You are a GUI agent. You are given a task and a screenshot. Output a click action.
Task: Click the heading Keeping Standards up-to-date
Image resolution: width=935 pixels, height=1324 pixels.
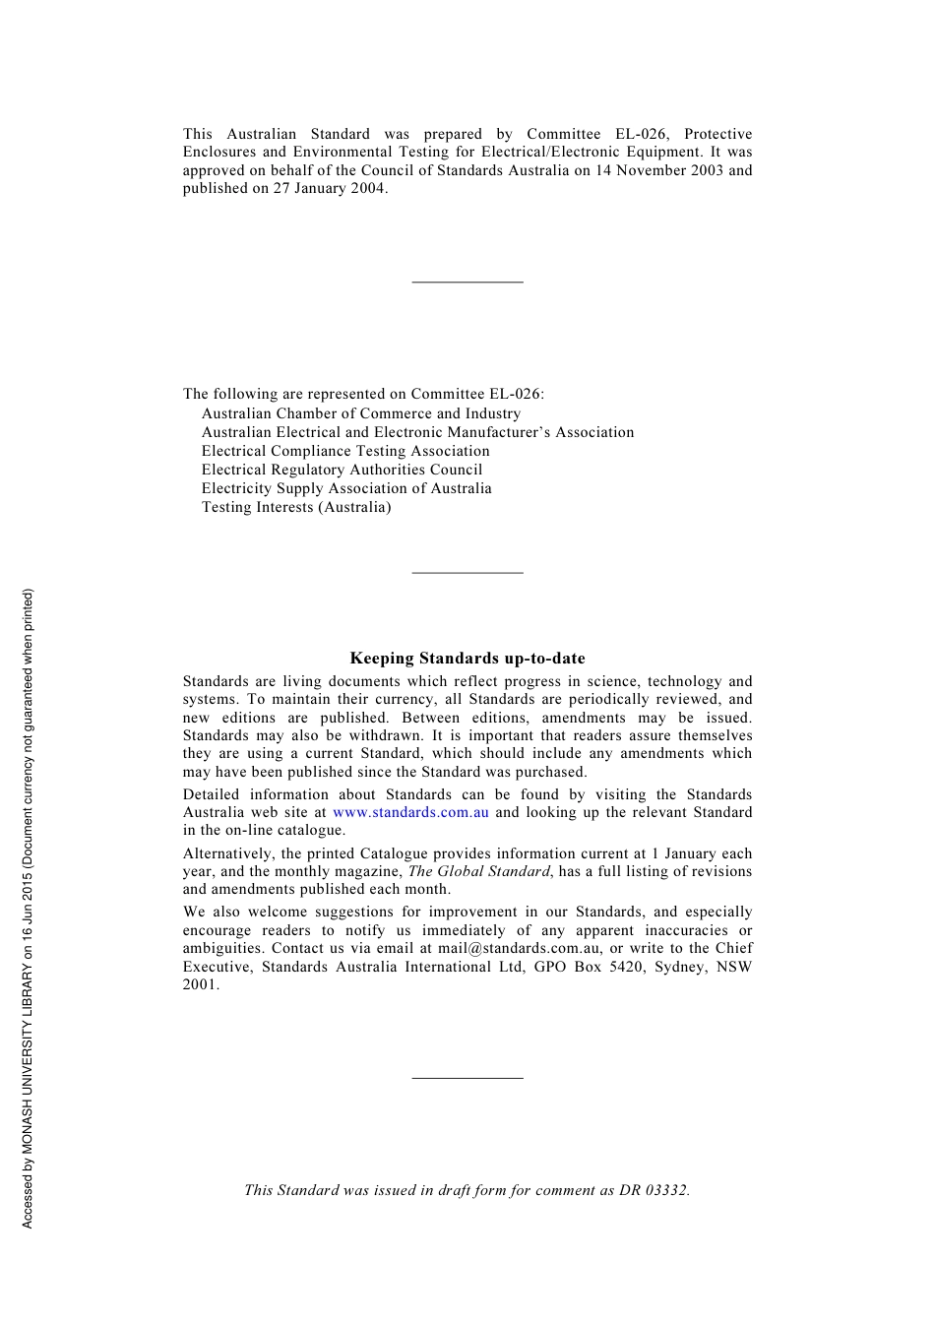(x=467, y=659)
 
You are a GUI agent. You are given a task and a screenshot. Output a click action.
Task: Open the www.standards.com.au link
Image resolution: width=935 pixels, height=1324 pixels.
(x=410, y=813)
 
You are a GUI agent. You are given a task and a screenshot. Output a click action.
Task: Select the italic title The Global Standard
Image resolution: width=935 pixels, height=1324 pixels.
(x=478, y=872)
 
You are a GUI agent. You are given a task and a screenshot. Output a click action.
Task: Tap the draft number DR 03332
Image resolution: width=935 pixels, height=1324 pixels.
(x=654, y=1191)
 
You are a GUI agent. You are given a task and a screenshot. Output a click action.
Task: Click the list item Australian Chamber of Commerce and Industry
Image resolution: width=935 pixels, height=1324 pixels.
(x=361, y=414)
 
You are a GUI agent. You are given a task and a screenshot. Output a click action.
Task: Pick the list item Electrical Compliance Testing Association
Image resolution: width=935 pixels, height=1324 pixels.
(x=345, y=452)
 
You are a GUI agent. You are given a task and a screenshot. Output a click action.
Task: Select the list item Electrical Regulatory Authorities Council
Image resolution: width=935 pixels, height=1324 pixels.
(x=342, y=471)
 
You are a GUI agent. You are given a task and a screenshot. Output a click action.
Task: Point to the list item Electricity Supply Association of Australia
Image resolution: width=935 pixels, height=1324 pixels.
(x=346, y=489)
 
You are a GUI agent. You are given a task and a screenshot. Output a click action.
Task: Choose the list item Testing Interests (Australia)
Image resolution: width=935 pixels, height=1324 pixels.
(x=296, y=508)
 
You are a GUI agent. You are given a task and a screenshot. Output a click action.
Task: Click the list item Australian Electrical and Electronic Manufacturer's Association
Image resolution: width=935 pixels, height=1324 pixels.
(x=417, y=433)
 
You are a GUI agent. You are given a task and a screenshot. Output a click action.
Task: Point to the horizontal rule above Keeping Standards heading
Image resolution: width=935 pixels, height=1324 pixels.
(x=467, y=573)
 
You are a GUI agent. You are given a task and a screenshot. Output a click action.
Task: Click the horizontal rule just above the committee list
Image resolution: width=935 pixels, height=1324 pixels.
(x=467, y=283)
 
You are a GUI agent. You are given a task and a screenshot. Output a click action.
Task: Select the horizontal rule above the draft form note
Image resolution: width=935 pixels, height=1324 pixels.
(x=467, y=1079)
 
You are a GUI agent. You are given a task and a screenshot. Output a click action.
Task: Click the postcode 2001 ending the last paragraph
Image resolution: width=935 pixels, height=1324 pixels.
(x=200, y=985)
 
